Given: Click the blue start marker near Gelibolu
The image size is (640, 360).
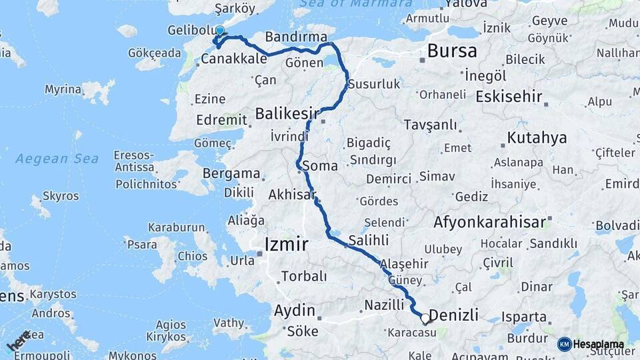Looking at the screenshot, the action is tap(220, 30).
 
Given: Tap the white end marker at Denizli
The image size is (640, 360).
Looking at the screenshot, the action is tap(425, 319).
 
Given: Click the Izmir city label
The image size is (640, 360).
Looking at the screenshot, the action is tap(286, 245).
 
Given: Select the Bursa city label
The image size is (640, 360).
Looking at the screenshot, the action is tap(452, 51).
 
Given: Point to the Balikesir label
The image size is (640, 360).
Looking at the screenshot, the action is tap(287, 115).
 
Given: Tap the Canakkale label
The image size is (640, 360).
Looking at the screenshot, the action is tap(233, 59).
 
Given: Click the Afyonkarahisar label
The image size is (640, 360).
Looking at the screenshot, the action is tap(489, 222).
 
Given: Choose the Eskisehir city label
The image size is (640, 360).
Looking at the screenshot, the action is tap(509, 96).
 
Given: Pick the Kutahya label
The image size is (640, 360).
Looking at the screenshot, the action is tap(537, 138).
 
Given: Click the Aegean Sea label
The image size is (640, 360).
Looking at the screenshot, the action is tap(57, 159).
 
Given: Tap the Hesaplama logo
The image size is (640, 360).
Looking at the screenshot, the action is tap(591, 344).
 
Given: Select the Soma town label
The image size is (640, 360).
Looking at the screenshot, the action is tap(319, 165).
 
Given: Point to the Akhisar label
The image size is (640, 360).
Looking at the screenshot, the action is tap(291, 195).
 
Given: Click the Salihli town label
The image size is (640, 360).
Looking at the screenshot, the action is tap(369, 239).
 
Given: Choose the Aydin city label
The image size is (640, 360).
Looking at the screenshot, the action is tap(295, 310).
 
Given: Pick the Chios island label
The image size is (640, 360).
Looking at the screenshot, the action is tap(193, 256).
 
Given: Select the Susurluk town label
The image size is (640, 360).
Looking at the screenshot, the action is tap(378, 84).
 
